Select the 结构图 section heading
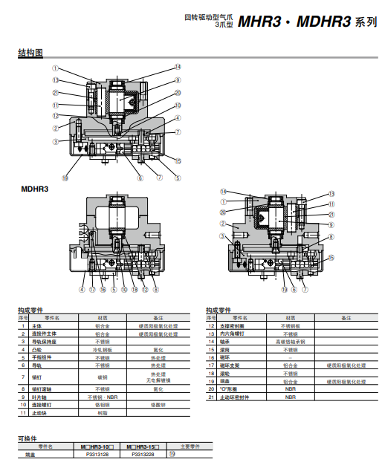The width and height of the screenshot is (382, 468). click(x=31, y=53)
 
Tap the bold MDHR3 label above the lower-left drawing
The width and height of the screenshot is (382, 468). click(x=35, y=189)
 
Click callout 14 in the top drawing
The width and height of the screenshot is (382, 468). click(x=178, y=67)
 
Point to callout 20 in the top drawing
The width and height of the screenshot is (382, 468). click(x=178, y=93)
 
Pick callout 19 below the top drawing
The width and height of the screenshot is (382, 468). click(x=65, y=178)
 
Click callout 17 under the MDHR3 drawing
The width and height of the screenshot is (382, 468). click(x=92, y=290)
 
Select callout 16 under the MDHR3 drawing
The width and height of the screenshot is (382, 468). click(x=103, y=290)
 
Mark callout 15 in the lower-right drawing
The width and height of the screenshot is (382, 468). click(x=331, y=257)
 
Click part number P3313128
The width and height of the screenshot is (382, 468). click(x=97, y=453)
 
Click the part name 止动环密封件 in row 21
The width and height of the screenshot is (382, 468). click(x=237, y=397)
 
